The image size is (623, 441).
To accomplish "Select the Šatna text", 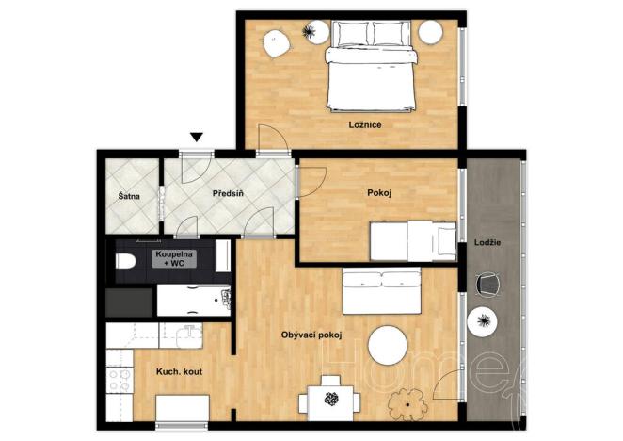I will point(129,197).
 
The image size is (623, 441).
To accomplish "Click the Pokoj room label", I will point(378,193).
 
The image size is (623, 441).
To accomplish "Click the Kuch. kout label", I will point(179,371).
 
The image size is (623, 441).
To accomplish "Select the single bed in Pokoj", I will point(412,241).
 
